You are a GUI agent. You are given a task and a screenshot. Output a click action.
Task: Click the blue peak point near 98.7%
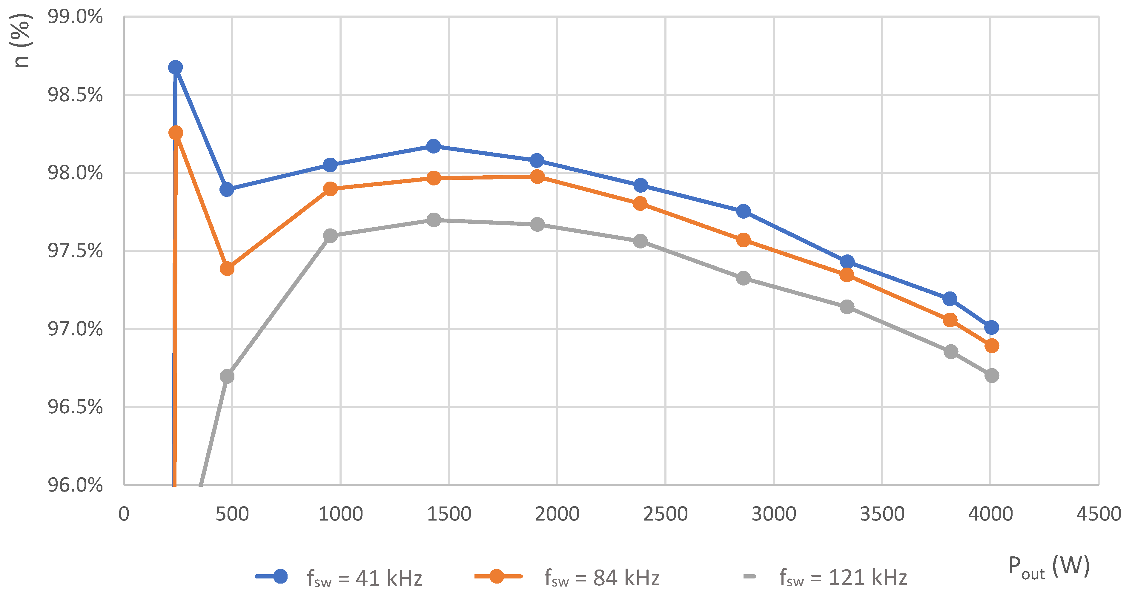click(x=175, y=67)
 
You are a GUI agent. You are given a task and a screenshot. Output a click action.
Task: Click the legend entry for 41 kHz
click(x=338, y=577)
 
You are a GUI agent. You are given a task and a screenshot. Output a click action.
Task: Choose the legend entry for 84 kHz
click(x=567, y=577)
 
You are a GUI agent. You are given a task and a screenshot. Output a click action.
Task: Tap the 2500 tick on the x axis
click(x=665, y=514)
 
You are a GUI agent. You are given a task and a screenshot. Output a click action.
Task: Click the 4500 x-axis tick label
click(x=1099, y=514)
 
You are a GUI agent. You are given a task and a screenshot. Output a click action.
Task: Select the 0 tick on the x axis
click(x=124, y=514)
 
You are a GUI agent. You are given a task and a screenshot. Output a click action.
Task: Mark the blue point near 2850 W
click(x=744, y=211)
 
